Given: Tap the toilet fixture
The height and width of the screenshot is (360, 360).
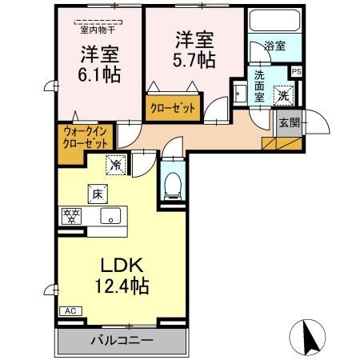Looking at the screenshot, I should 170,186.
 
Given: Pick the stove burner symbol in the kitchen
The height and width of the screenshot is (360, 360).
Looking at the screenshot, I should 72,214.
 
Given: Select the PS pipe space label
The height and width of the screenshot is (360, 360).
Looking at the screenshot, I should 296,72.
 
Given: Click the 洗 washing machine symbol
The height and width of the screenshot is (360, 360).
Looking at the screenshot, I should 283,96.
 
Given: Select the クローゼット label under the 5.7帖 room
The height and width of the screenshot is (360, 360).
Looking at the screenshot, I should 172,107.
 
